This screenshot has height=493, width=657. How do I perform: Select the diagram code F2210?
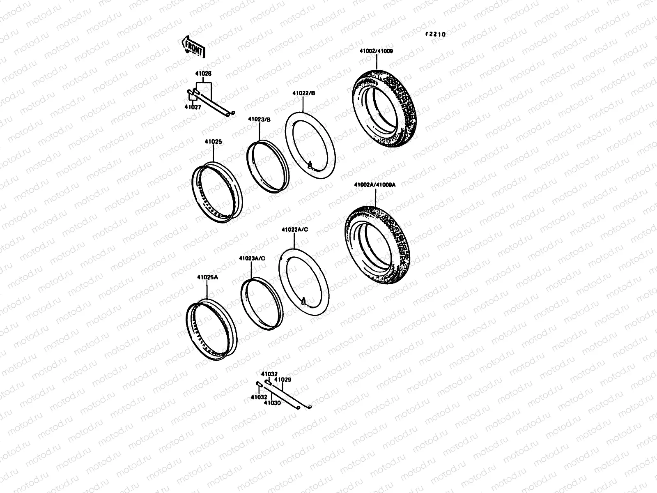pyautogui.click(x=435, y=35)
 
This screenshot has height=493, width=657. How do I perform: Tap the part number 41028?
pyautogui.click(x=204, y=74)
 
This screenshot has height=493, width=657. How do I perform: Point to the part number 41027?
pyautogui.click(x=193, y=106)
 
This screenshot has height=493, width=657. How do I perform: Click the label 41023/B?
pyautogui.click(x=259, y=119)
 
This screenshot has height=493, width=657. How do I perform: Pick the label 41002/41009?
pyautogui.click(x=376, y=51)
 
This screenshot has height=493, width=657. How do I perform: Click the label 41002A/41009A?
pyautogui.click(x=375, y=185)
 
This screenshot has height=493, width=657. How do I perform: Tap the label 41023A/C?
pyautogui.click(x=252, y=258)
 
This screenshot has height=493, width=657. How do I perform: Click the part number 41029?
pyautogui.click(x=283, y=380)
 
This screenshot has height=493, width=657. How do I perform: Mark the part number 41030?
pyautogui.click(x=272, y=403)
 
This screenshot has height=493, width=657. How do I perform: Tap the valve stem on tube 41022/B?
pyautogui.click(x=311, y=166)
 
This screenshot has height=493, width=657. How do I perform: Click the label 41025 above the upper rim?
pyautogui.click(x=213, y=142)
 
